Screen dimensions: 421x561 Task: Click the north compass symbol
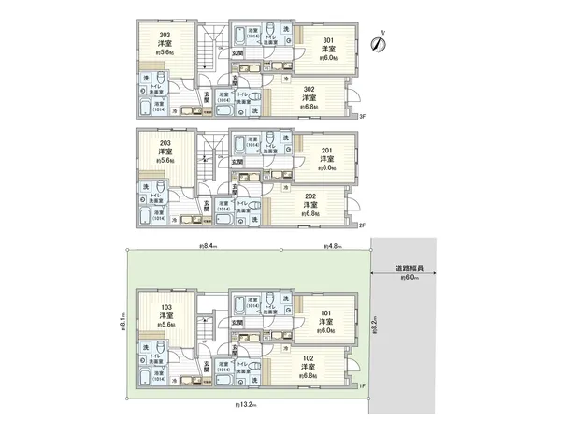tap(381, 39)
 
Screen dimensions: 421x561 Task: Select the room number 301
tap(329, 40)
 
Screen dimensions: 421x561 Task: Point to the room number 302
tap(309, 87)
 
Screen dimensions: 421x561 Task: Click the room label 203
tap(165, 142)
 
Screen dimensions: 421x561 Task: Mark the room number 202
tap(309, 196)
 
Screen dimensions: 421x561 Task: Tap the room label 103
tap(165, 307)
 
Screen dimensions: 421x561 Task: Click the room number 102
tap(309, 358)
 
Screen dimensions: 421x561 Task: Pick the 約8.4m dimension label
tap(208, 246)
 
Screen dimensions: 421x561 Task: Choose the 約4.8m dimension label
tap(330, 246)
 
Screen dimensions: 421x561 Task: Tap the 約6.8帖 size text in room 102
tap(309, 377)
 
